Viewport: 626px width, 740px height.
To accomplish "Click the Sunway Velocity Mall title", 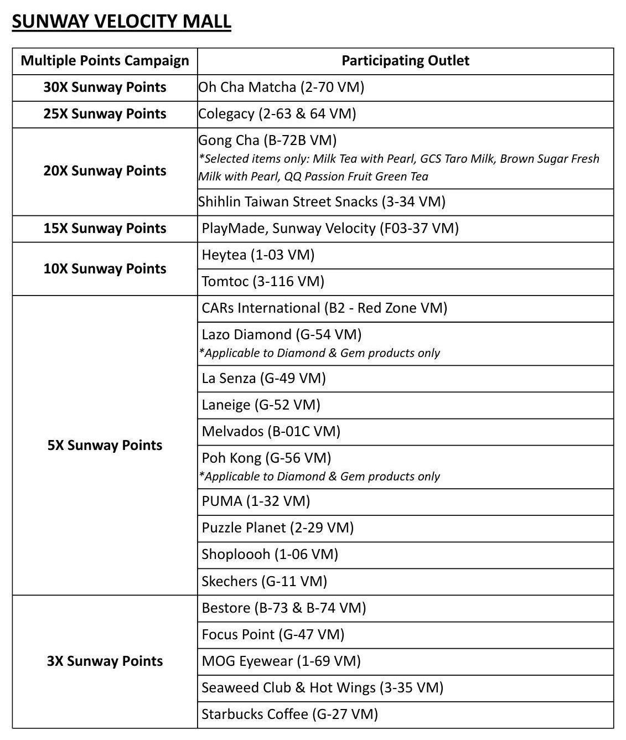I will click(121, 22).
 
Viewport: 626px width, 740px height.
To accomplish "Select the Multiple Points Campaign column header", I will click(105, 61).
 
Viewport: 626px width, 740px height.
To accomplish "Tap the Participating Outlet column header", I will click(405, 61).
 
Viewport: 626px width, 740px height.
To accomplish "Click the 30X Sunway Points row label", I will click(105, 87).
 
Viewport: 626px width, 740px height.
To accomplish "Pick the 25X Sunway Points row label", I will click(105, 114).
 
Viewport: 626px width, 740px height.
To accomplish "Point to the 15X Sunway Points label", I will click(105, 229).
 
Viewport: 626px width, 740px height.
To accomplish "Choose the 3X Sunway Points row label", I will click(105, 661).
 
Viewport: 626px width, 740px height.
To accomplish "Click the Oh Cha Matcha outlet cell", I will click(281, 87).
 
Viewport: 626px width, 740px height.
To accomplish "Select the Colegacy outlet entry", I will click(277, 114).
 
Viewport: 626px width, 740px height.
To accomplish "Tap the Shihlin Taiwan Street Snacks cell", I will click(322, 202).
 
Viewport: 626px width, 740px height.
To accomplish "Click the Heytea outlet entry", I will click(258, 255).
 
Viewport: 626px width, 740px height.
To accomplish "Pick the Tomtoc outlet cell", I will click(263, 282).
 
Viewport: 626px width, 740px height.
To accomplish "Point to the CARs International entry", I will click(324, 308).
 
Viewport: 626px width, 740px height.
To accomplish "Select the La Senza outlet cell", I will click(263, 379).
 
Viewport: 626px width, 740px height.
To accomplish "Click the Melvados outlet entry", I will click(271, 432).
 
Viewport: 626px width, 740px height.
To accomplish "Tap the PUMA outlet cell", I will click(256, 501).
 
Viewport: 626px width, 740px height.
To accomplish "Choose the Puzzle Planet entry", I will click(277, 528).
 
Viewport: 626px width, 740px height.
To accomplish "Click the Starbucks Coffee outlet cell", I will click(289, 715).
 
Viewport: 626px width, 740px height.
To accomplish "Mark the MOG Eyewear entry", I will click(281, 661).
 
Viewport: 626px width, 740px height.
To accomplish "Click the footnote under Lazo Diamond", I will click(319, 353).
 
